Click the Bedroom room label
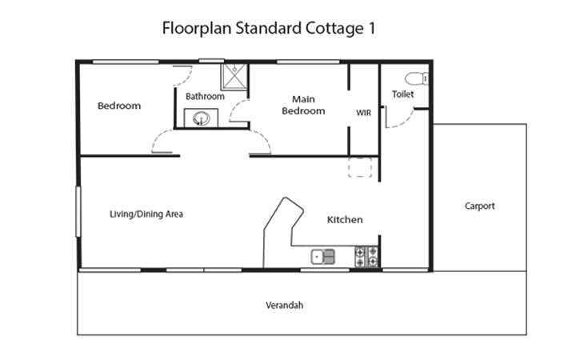coord(119,106)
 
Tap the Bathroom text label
coord(205,96)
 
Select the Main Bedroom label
coord(303,106)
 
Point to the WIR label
coord(363,113)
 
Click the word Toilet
coord(403,94)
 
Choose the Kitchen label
coord(345,219)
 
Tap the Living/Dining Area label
coord(146,214)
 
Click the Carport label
coord(480,206)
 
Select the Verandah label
coord(284,305)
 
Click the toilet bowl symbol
coord(414,78)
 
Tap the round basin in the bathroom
coord(200,119)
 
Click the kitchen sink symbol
coord(324,257)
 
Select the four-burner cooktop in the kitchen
coord(366,256)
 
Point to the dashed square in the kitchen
coord(361,166)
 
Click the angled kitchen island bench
coord(280,228)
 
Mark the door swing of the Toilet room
coord(398,117)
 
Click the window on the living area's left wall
coord(78,212)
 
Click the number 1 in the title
coord(370,29)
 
